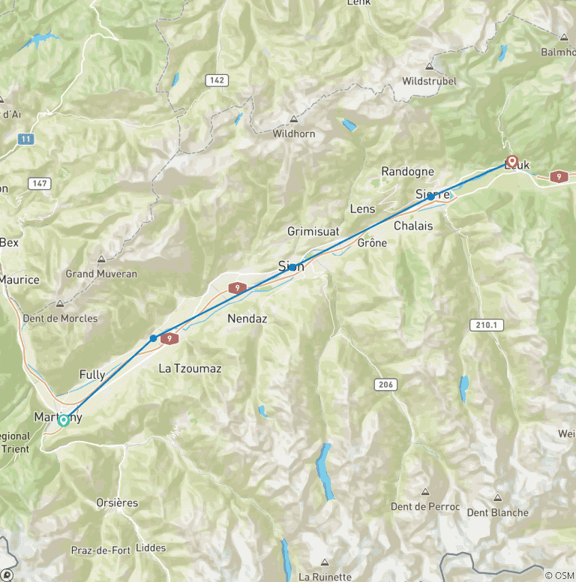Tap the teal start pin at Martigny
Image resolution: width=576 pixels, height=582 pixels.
point(64,419)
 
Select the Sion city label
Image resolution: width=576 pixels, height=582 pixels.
point(291,266)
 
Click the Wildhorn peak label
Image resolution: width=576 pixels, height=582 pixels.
point(294,133)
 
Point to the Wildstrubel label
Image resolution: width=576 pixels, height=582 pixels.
point(429,81)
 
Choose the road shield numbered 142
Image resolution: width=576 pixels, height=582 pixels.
point(217,79)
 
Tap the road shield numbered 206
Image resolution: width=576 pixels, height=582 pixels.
point(385,384)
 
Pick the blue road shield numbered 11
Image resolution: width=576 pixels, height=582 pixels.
point(26,139)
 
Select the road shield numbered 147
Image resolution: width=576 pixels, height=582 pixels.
point(40,184)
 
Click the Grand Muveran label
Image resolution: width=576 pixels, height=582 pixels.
point(101,274)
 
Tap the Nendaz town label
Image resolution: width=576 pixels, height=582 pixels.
point(247,319)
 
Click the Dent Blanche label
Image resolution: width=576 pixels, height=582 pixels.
point(497,513)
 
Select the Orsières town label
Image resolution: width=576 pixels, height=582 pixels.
point(117,502)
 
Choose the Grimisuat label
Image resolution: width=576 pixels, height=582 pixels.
point(313,232)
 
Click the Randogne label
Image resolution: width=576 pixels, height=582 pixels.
point(407,172)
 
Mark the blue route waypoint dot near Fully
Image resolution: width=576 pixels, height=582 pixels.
point(154,338)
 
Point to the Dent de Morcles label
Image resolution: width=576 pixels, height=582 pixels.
point(60,318)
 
